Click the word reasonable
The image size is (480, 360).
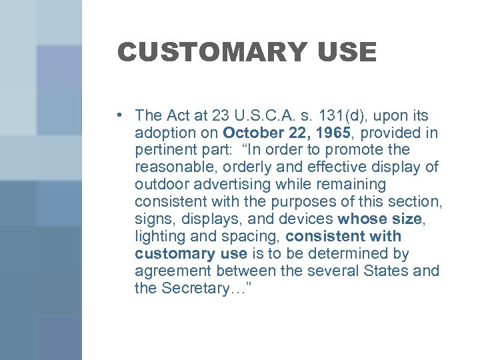tap(174, 167)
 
